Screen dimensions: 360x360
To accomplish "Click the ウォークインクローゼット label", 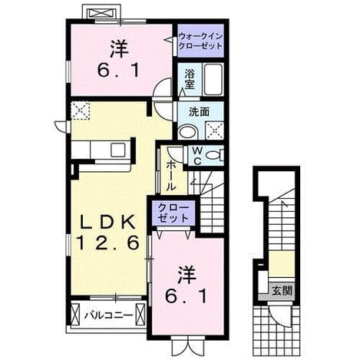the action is [x=200, y=41].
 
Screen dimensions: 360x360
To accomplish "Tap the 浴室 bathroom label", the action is [x=190, y=79].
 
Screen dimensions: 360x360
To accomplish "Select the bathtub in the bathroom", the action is [x=213, y=79].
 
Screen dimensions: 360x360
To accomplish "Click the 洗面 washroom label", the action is [x=199, y=112].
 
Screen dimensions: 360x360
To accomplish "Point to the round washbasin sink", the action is [x=188, y=132].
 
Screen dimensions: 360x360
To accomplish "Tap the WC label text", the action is [x=197, y=156].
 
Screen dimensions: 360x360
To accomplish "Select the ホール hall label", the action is [x=171, y=176].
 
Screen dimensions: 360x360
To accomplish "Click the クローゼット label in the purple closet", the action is [x=173, y=213].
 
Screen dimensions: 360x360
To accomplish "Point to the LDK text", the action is [x=108, y=222].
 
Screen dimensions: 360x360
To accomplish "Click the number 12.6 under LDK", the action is [x=108, y=243].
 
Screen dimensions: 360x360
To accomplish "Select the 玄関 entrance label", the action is [x=282, y=291].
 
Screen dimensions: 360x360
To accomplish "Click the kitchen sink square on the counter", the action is [x=118, y=150].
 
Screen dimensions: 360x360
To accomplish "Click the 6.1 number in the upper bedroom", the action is [x=118, y=70].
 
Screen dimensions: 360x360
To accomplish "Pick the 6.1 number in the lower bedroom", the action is [x=186, y=296].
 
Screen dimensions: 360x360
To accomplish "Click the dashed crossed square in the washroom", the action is [x=214, y=130].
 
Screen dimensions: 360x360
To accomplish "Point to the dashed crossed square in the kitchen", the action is [x=81, y=111].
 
